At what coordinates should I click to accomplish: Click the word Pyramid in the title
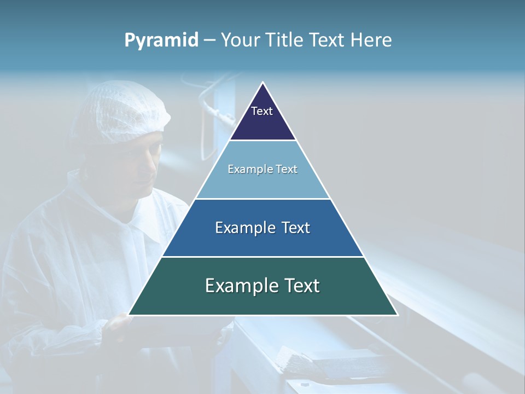[161, 40]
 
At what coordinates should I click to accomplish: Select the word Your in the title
[240, 40]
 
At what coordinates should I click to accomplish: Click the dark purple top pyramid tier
[262, 120]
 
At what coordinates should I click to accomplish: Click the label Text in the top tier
[262, 111]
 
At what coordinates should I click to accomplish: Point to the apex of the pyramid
[263, 83]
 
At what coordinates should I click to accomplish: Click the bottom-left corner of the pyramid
[129, 315]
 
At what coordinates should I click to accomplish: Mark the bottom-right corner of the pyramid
[397, 315]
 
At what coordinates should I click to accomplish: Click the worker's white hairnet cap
[123, 109]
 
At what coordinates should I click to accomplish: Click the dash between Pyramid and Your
[209, 40]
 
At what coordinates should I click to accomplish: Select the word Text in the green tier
[299, 286]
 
